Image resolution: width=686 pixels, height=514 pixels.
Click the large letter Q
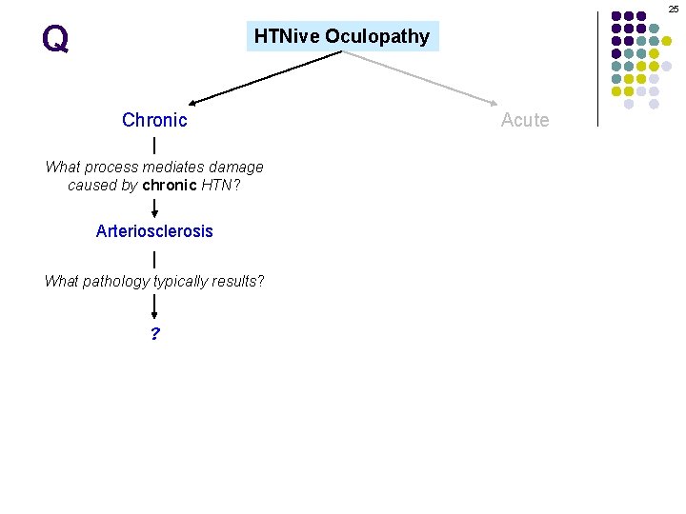click(x=55, y=39)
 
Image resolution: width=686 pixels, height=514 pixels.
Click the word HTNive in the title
click(x=287, y=36)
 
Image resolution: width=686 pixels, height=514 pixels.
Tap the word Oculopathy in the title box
click(x=377, y=36)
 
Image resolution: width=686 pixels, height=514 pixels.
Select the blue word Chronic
click(x=154, y=120)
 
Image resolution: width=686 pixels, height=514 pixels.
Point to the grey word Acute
click(x=525, y=120)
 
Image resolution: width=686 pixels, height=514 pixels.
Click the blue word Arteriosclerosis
click(x=154, y=231)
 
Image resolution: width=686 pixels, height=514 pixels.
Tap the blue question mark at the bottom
click(x=154, y=334)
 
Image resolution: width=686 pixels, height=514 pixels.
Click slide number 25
click(x=674, y=9)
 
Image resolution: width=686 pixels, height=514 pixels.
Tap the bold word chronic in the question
click(x=169, y=185)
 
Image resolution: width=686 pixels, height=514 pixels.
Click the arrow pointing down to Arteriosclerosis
click(x=154, y=207)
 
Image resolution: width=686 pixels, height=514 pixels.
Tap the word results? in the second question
click(x=240, y=282)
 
